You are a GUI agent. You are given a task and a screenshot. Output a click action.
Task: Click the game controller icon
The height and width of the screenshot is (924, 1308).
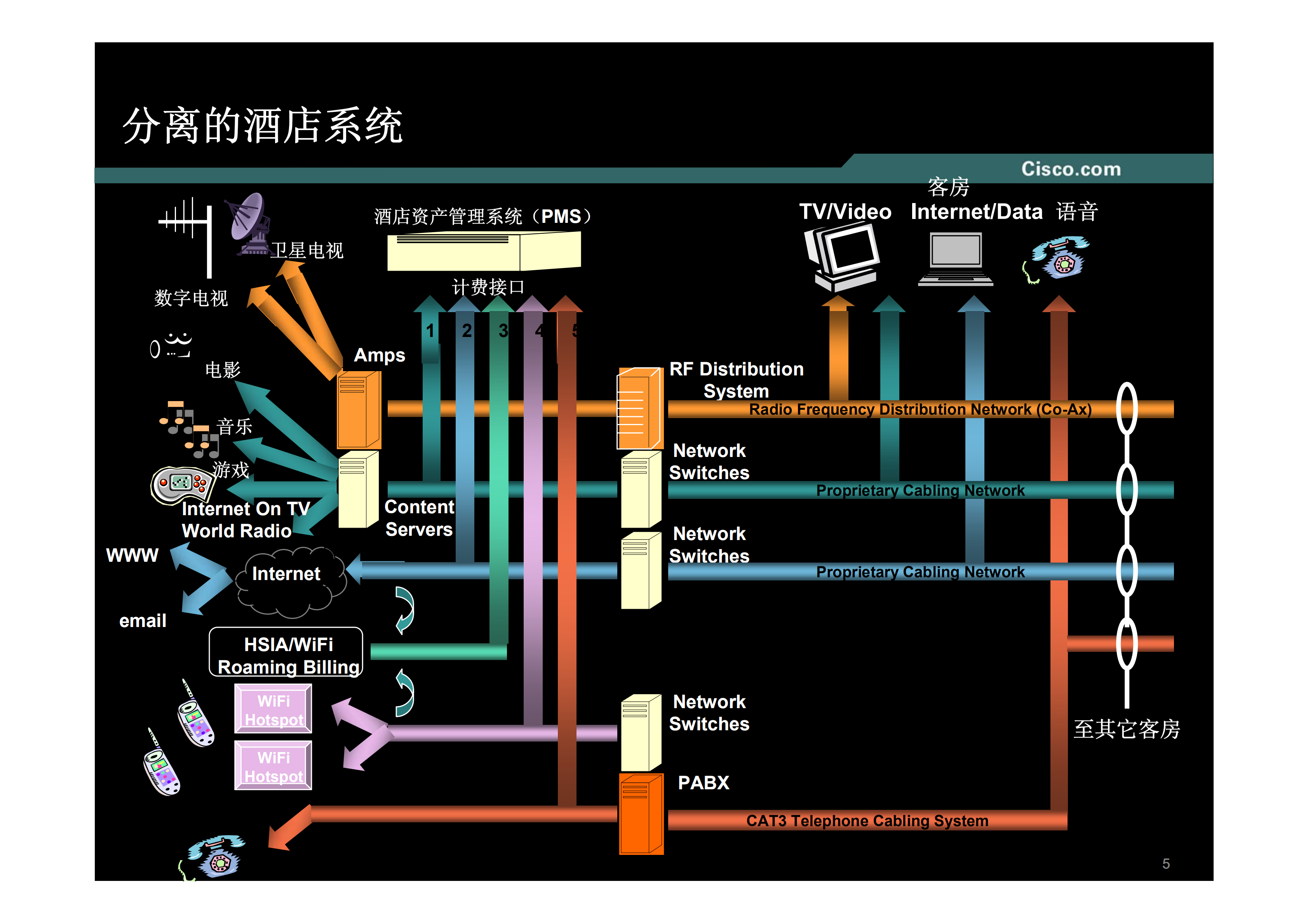(181, 485)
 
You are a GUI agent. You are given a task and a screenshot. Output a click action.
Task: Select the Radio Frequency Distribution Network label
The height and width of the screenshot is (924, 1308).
(920, 409)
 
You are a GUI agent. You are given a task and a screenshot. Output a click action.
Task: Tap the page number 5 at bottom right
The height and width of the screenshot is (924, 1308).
(1165, 864)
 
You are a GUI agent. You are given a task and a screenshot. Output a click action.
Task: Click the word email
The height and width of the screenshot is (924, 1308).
(143, 620)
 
